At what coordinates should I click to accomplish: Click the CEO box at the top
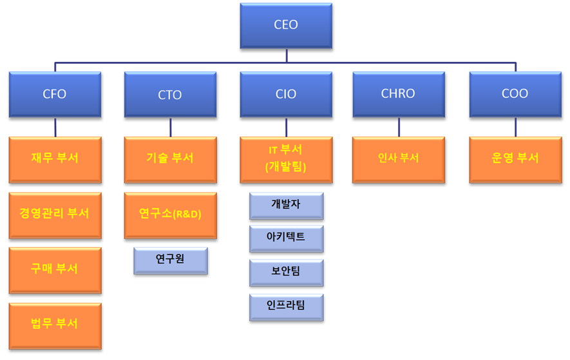[285, 25]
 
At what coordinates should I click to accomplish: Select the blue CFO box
[55, 95]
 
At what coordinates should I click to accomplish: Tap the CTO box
[170, 95]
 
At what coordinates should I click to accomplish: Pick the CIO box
[285, 95]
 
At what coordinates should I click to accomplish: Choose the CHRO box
[398, 95]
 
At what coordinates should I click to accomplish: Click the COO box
[515, 95]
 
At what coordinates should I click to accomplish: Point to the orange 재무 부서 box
[55, 158]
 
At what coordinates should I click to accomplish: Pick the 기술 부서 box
[170, 158]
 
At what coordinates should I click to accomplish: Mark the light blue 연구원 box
[171, 260]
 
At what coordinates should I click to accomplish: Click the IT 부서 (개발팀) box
[285, 158]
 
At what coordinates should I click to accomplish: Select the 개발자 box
[286, 205]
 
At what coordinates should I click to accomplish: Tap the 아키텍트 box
[286, 238]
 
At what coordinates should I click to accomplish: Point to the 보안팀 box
[286, 272]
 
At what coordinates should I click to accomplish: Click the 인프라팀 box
[286, 307]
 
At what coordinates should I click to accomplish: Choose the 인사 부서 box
[398, 158]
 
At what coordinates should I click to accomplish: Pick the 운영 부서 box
[515, 158]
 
